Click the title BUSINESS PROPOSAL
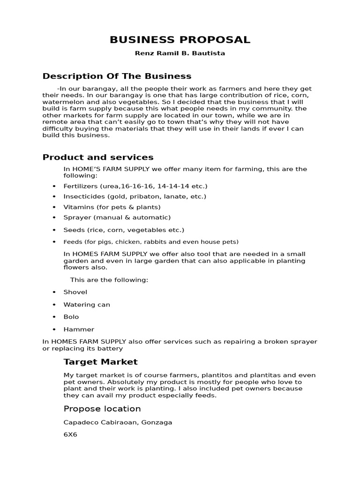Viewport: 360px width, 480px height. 180,40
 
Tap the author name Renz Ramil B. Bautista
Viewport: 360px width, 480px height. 180,53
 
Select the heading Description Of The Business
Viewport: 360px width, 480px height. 117,76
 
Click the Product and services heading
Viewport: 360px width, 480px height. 98,157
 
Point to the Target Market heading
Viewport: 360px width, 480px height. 100,362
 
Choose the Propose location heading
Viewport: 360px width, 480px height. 102,409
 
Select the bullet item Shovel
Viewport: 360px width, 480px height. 75,292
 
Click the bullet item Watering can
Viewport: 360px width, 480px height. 87,305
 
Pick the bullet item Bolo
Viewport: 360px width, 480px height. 71,317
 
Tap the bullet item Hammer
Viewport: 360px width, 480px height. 79,330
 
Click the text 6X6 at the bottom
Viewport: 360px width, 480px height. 70,435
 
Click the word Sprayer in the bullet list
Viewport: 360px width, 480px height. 77,217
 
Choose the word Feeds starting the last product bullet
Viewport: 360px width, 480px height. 73,242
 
